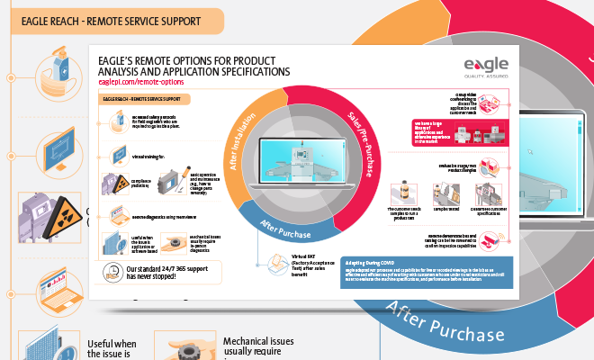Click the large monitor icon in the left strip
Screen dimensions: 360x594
point(52,145)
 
